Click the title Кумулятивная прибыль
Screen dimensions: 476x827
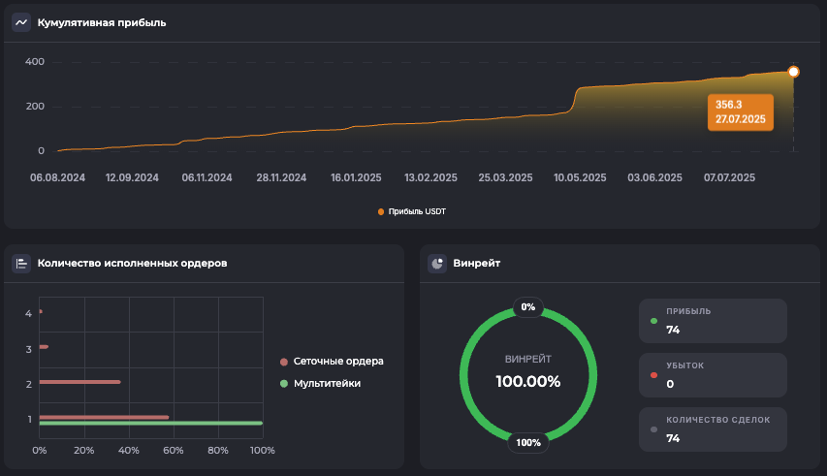[102, 22]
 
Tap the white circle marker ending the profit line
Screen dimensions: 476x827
[793, 72]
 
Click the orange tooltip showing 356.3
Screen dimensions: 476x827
[741, 111]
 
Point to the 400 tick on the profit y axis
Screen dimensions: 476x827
[35, 62]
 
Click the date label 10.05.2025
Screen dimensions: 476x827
[579, 177]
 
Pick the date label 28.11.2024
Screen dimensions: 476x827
[281, 177]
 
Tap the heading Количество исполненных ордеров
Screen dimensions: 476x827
[132, 263]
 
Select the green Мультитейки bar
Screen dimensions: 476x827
[150, 424]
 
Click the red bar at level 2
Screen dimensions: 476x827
[80, 382]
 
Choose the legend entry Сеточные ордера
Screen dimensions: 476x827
[338, 361]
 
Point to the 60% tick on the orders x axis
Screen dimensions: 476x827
[174, 450]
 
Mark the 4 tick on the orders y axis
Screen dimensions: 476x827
[29, 313]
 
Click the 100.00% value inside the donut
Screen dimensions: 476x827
[528, 381]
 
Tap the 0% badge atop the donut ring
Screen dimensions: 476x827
[528, 307]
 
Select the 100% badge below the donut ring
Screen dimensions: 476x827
[528, 443]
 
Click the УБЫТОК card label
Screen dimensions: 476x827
[685, 365]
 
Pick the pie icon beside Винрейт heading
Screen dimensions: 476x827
[437, 263]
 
